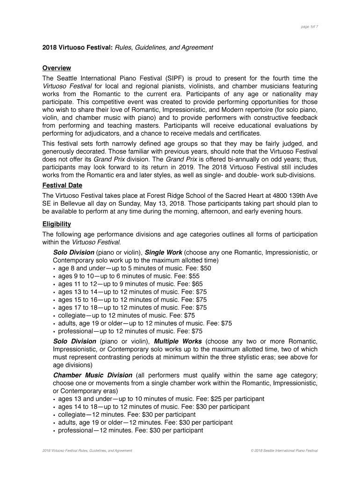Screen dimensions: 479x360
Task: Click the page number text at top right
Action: click(x=310, y=27)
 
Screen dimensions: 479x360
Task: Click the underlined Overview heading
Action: click(x=57, y=68)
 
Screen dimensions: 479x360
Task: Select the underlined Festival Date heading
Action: click(x=62, y=185)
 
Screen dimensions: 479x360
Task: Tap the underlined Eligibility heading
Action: click(x=57, y=224)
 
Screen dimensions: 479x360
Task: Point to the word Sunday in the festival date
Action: click(x=144, y=203)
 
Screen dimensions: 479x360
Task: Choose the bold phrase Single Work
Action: click(x=163, y=252)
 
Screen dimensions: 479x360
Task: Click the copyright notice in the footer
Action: click(x=284, y=450)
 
